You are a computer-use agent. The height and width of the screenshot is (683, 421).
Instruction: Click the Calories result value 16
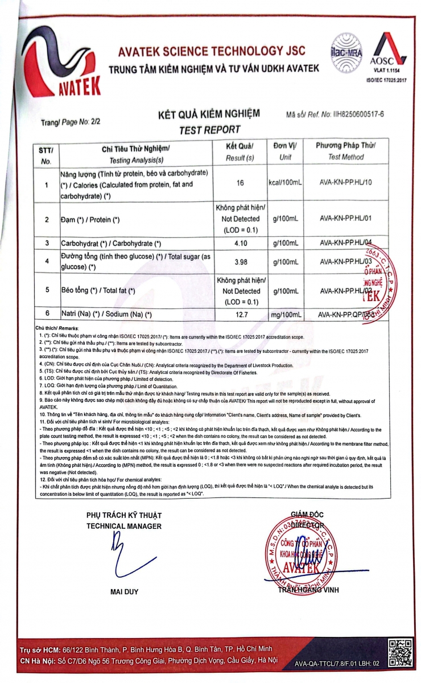pos(239,184)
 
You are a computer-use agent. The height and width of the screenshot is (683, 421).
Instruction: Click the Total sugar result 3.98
pos(239,261)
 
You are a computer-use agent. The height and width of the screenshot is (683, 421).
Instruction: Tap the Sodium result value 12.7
pos(239,314)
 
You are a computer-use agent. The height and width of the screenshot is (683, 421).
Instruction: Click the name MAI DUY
pos(124,592)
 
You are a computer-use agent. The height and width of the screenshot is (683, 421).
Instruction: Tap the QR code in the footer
pos(398,652)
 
